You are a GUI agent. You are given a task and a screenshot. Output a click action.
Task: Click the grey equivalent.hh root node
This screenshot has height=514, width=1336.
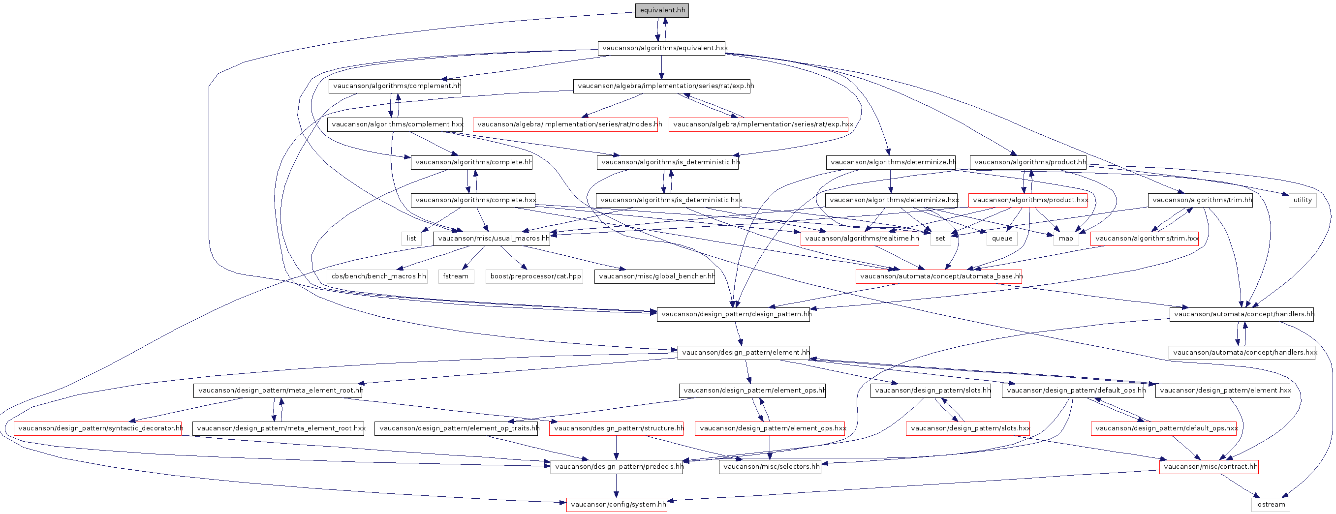point(662,10)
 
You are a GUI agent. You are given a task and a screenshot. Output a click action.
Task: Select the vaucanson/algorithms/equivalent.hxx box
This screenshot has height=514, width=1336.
point(661,48)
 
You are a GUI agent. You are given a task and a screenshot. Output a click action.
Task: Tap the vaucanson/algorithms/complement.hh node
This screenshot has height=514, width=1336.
point(395,86)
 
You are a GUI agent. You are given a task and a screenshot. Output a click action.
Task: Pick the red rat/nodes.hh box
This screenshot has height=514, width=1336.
point(565,124)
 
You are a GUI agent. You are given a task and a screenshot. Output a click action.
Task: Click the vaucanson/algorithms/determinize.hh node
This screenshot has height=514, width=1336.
point(891,162)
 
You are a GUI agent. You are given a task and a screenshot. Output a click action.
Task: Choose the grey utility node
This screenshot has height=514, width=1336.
point(1302,200)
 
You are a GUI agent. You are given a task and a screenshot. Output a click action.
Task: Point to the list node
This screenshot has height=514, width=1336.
point(411,239)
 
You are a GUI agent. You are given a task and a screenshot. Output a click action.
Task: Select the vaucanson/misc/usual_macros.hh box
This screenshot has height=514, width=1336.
point(492,239)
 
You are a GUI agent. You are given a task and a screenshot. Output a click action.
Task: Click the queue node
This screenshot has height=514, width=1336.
point(1002,239)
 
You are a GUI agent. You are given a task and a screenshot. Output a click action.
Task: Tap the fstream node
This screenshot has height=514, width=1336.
point(456,276)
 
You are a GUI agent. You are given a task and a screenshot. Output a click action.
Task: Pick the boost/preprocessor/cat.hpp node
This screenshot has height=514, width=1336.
point(534,276)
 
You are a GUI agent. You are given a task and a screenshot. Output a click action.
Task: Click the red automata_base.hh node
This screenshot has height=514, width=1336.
point(939,276)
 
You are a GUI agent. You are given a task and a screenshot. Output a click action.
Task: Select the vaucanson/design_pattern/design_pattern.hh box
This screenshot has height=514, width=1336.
point(733,314)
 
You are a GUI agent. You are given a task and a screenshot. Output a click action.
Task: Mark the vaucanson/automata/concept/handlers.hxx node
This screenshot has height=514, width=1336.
point(1242,353)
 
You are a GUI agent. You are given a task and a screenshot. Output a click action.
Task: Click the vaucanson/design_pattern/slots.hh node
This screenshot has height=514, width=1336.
point(931,391)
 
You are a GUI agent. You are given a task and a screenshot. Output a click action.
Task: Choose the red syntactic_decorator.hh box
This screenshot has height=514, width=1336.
point(97,428)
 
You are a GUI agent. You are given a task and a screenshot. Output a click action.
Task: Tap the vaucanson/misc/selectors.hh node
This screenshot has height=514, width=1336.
point(770,467)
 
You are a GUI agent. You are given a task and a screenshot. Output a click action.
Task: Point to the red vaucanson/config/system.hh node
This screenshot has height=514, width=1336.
point(617,505)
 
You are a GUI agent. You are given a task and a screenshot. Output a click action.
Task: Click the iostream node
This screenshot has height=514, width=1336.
point(1271,505)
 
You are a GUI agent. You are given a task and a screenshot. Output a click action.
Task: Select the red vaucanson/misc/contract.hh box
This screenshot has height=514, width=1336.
point(1209,467)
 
